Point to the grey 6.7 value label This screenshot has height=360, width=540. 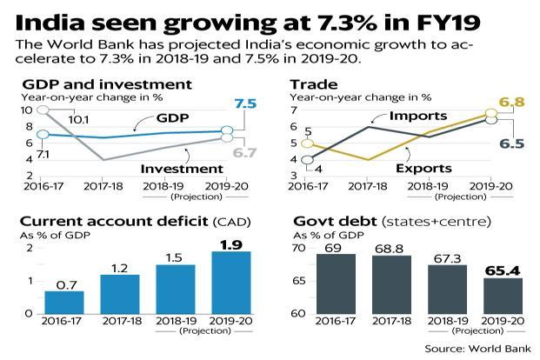245,153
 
